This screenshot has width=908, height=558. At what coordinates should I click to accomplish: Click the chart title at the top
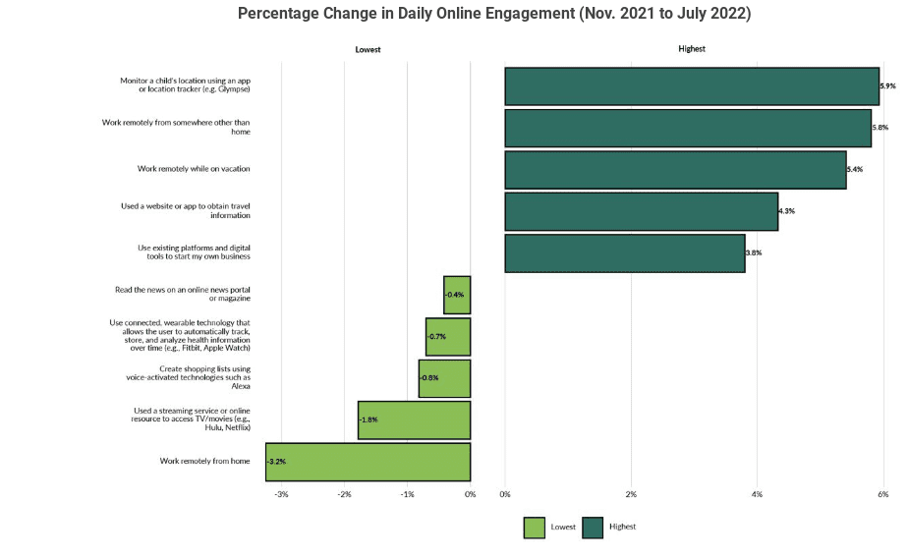pyautogui.click(x=494, y=14)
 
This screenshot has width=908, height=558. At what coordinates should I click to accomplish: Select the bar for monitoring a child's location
pyautogui.click(x=692, y=86)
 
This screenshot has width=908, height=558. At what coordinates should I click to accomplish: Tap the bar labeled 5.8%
pyautogui.click(x=688, y=128)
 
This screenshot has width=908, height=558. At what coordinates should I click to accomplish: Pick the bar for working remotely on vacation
pyautogui.click(x=675, y=169)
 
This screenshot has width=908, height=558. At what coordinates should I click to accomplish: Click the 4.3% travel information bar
pyautogui.click(x=641, y=211)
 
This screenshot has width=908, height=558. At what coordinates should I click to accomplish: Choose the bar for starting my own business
pyautogui.click(x=625, y=252)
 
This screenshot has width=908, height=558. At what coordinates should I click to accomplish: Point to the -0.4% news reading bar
pyautogui.click(x=457, y=295)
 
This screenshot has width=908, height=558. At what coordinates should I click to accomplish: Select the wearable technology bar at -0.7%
pyautogui.click(x=448, y=336)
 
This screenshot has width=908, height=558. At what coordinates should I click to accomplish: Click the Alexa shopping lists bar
pyautogui.click(x=444, y=378)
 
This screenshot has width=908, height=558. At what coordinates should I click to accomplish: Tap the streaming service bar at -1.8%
pyautogui.click(x=414, y=419)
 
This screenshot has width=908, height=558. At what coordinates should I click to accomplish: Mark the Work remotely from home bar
pyautogui.click(x=368, y=461)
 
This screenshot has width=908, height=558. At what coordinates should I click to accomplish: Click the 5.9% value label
pyautogui.click(x=887, y=86)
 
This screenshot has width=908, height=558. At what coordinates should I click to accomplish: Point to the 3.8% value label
pyautogui.click(x=754, y=253)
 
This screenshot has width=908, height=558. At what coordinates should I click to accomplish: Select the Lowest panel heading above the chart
pyautogui.click(x=368, y=49)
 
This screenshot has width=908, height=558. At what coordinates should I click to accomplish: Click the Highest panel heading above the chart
pyautogui.click(x=692, y=49)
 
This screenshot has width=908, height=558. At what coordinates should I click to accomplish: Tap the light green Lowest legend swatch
pyautogui.click(x=534, y=528)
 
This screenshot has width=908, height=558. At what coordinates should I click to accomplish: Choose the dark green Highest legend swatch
pyautogui.click(x=593, y=528)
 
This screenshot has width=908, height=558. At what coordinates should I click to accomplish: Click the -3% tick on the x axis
pyautogui.click(x=281, y=494)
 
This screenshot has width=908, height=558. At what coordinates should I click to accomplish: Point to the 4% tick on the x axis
pyautogui.click(x=757, y=494)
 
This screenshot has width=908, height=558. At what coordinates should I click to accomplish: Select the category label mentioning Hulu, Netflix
pyautogui.click(x=192, y=419)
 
